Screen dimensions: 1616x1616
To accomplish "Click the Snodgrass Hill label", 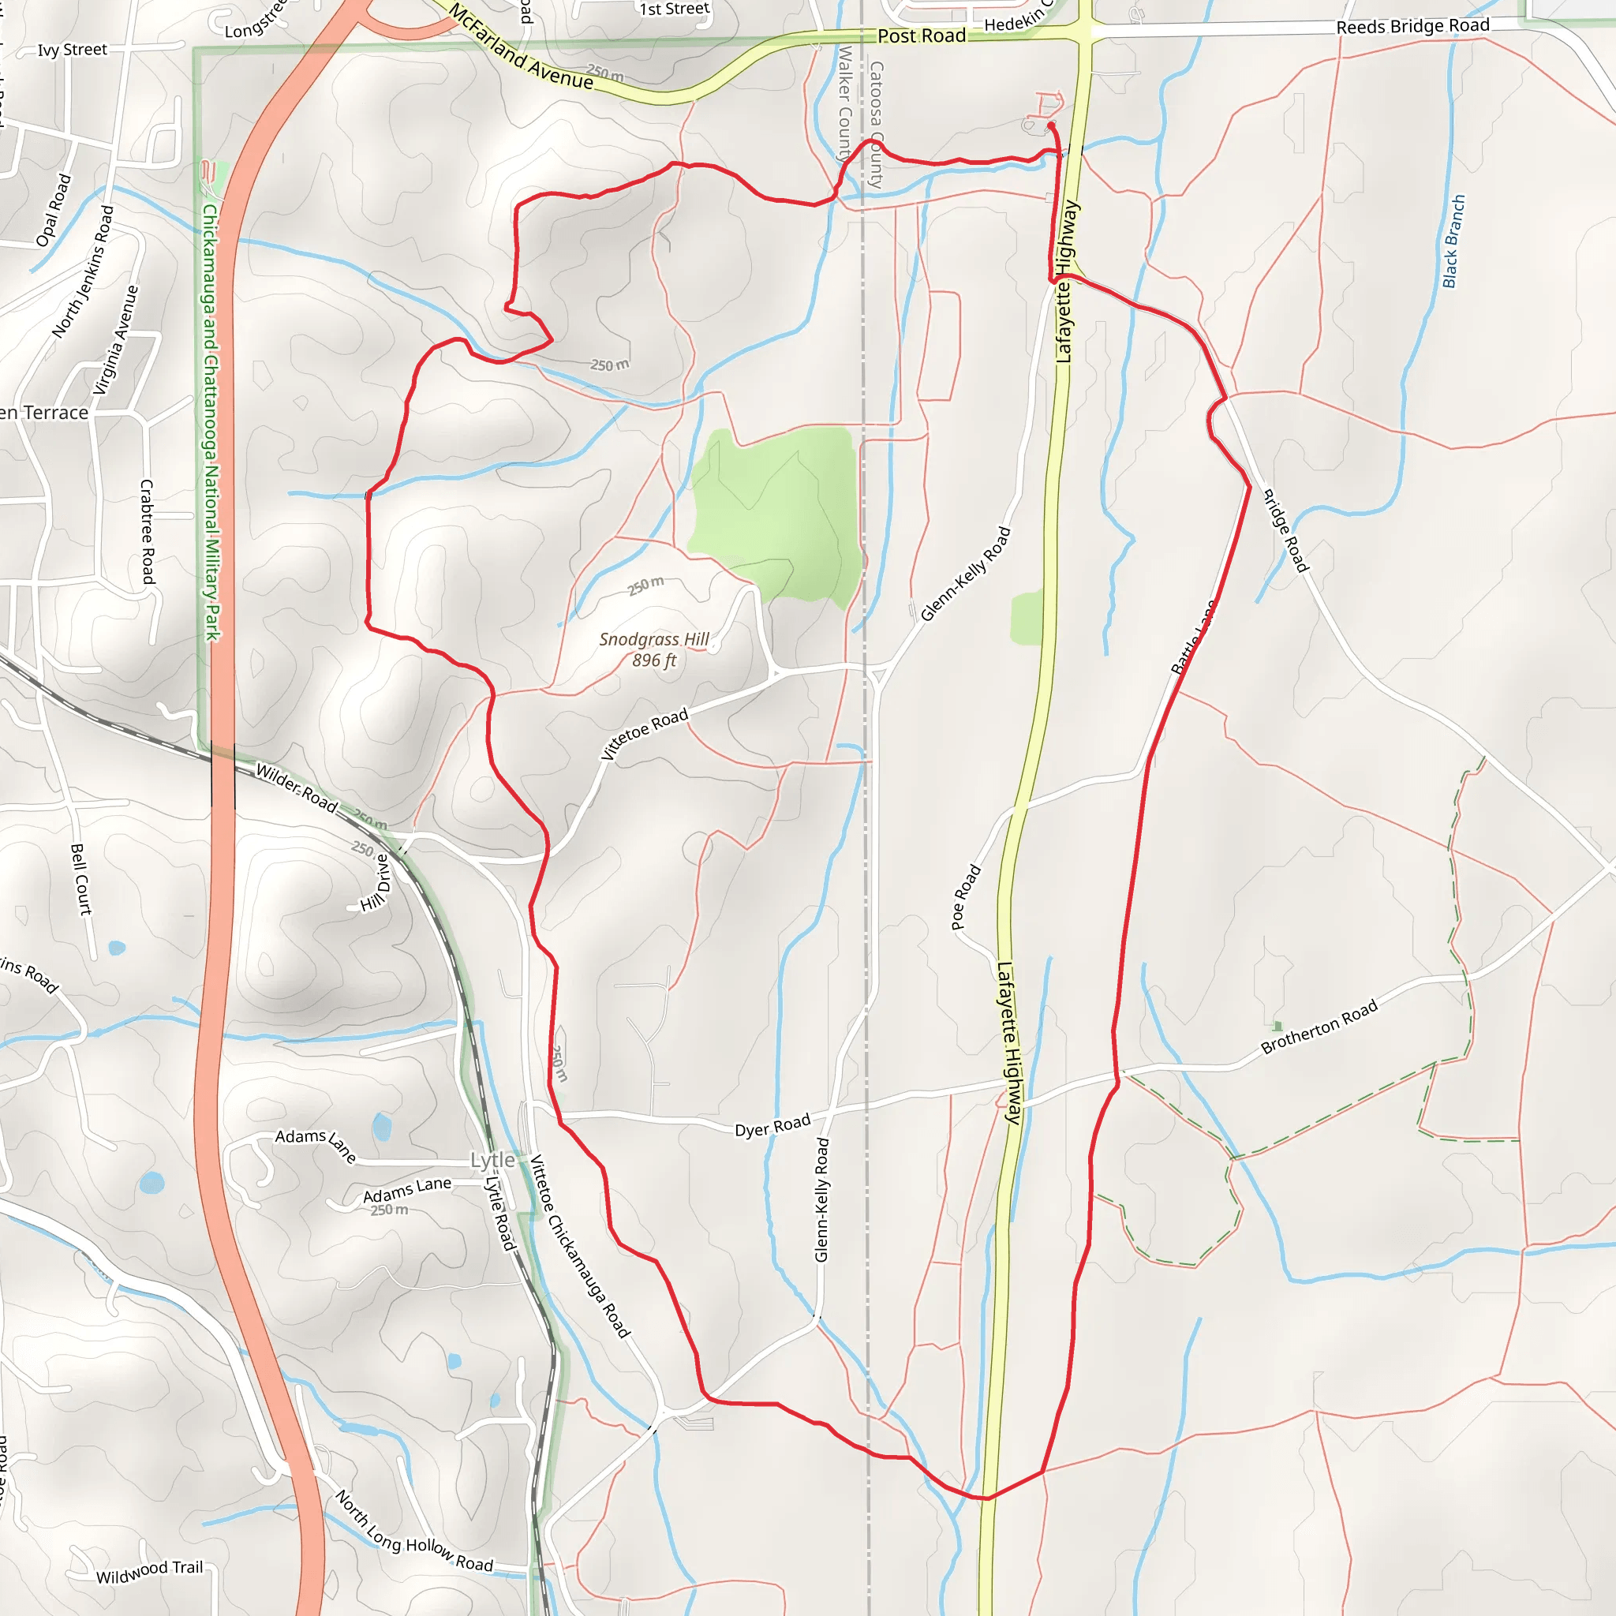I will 653,640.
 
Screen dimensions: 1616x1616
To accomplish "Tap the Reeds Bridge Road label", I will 1412,26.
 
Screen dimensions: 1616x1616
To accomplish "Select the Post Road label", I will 921,36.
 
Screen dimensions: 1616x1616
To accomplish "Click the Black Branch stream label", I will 1453,241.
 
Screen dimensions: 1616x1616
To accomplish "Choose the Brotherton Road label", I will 1319,1027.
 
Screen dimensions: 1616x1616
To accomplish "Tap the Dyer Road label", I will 772,1125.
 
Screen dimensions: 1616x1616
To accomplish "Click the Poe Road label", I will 965,896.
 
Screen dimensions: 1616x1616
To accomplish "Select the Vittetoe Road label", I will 644,734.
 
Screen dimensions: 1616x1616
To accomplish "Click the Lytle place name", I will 492,1160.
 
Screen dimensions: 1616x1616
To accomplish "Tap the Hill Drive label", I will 376,882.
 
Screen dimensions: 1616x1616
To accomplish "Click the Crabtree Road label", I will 148,531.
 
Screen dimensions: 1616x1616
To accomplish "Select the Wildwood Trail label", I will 150,1572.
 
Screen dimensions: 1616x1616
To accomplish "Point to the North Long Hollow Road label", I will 413,1530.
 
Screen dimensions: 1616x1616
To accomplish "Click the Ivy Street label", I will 72,50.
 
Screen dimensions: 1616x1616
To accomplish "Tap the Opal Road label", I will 54,210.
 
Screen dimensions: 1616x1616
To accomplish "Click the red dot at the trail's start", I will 1050,125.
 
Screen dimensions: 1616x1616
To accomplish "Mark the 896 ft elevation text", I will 653,660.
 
